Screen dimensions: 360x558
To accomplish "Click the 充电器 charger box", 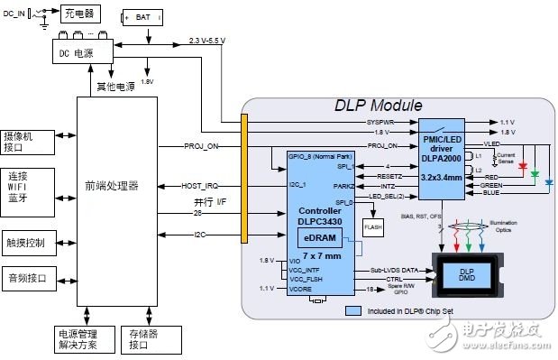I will pyautogui.click(x=78, y=15).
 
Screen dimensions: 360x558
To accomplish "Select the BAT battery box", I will pyautogui.click(x=142, y=17).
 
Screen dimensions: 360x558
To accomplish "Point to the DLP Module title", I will pyautogui.click(x=372, y=107).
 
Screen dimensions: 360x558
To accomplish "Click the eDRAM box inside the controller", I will pyautogui.click(x=319, y=236).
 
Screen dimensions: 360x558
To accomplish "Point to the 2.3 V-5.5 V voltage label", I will pyautogui.click(x=213, y=41).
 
